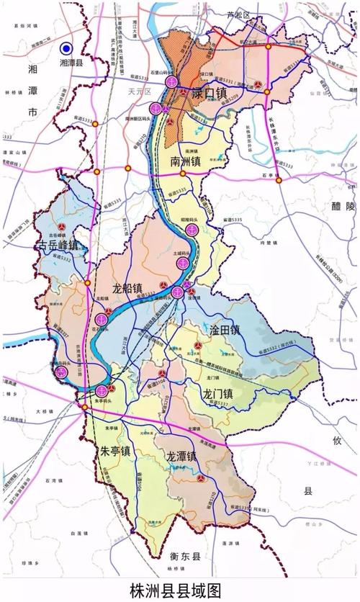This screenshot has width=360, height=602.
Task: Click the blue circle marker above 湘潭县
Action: (x=66, y=48)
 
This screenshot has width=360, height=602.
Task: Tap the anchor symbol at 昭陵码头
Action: (x=192, y=230)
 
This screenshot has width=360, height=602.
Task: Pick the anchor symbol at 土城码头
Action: (x=183, y=264)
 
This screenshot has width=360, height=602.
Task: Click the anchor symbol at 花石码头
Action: (x=102, y=319)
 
